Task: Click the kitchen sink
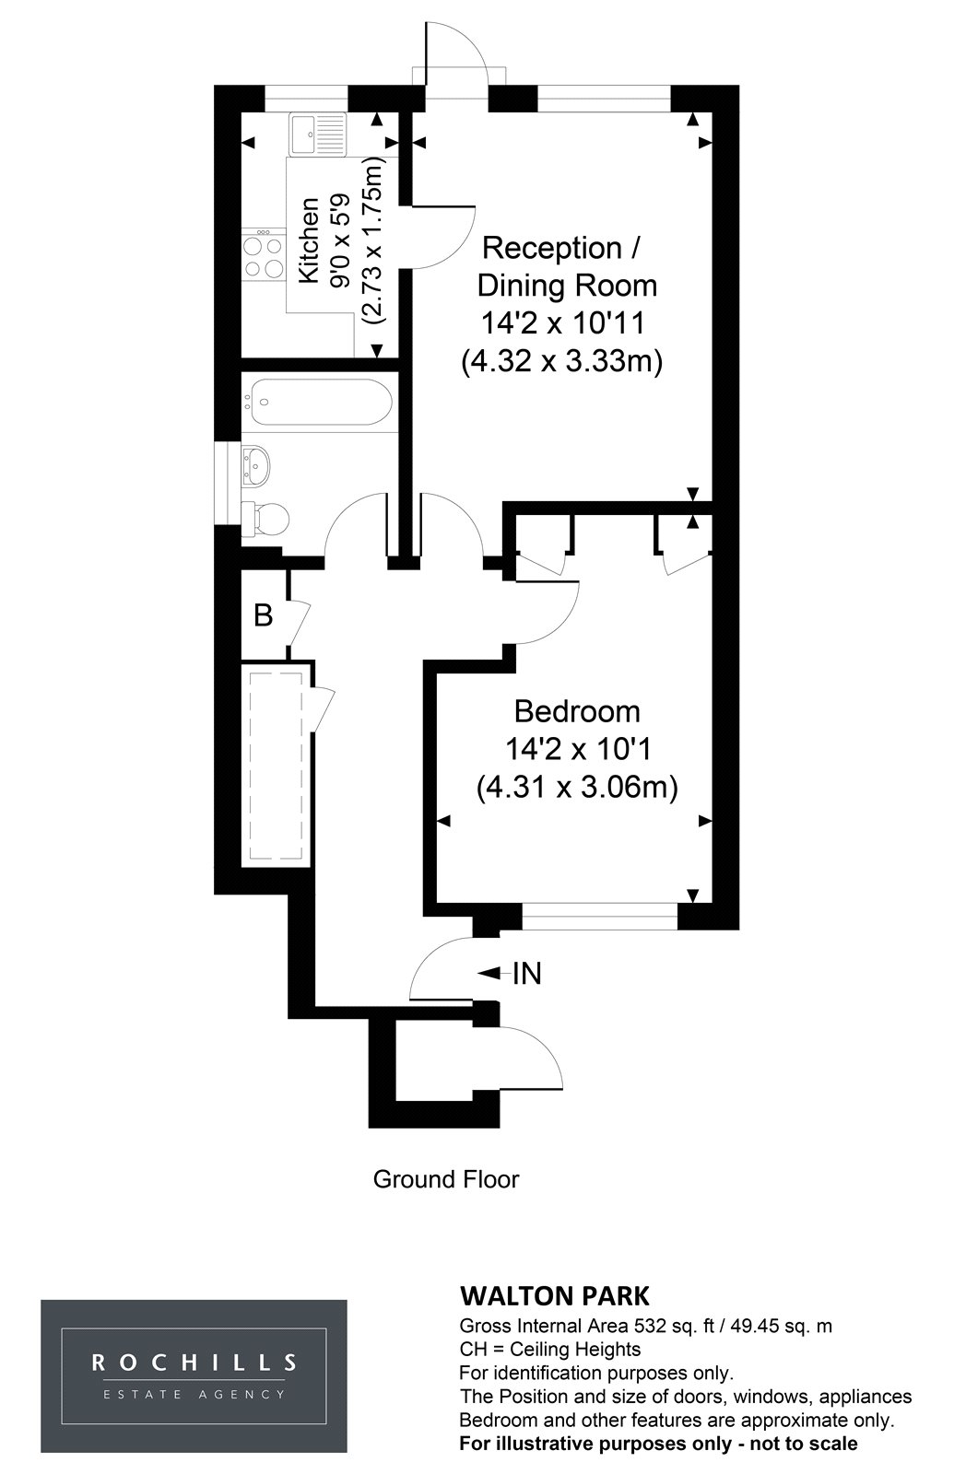tap(317, 135)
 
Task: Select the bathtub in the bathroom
tap(319, 402)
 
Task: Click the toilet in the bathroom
tap(265, 520)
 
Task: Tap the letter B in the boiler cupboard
tap(264, 616)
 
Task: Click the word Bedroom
tap(577, 712)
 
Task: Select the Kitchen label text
tap(309, 240)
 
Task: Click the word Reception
tap(552, 249)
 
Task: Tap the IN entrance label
tap(526, 973)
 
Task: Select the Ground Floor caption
tap(446, 1179)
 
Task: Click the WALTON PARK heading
tap(554, 1295)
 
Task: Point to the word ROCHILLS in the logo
tap(194, 1363)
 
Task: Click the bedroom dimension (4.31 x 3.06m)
tap(577, 787)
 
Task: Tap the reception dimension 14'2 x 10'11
tap(563, 323)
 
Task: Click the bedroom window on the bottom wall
tap(599, 916)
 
